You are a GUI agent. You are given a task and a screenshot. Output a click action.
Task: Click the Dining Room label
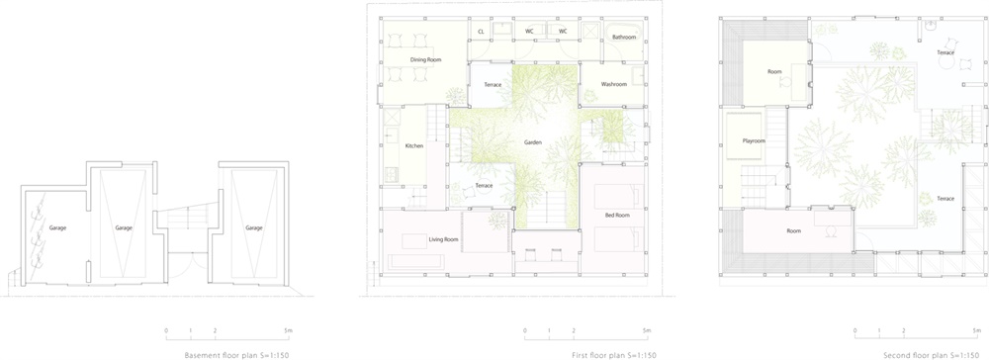(x=425, y=60)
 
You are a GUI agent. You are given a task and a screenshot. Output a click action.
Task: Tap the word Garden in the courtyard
(x=533, y=142)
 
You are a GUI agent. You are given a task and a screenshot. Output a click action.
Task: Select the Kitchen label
(x=414, y=145)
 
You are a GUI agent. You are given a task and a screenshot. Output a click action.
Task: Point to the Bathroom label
(x=624, y=38)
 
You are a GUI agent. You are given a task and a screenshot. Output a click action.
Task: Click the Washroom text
(x=614, y=84)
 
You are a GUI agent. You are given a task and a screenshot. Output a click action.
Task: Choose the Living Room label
(x=443, y=239)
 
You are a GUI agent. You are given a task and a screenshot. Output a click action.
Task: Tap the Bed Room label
(x=617, y=216)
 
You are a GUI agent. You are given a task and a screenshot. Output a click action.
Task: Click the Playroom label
(x=753, y=140)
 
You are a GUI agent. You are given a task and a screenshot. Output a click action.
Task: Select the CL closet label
(x=481, y=31)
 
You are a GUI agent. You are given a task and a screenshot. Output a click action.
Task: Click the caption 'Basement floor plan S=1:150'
(x=236, y=356)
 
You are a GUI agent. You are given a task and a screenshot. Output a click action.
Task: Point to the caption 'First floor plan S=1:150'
(x=614, y=356)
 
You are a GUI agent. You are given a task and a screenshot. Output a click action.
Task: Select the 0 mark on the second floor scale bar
(x=855, y=330)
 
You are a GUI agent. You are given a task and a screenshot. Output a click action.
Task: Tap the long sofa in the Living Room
(x=415, y=261)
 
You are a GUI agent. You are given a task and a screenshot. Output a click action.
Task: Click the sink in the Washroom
(x=638, y=76)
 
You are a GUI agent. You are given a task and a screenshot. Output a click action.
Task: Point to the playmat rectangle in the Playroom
(x=744, y=136)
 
